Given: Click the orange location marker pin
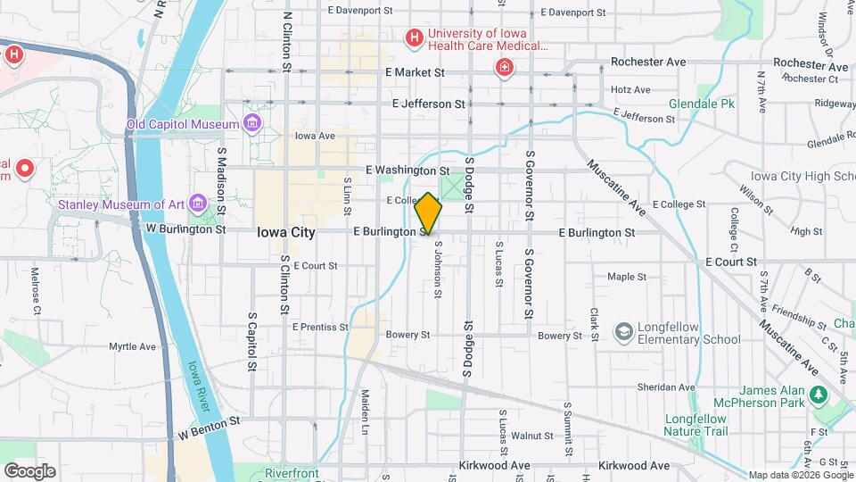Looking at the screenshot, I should click(429, 213).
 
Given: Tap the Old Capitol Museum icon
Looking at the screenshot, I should click(253, 123).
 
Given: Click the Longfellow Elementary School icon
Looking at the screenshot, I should click(624, 332).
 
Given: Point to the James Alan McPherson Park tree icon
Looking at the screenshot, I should click(818, 395).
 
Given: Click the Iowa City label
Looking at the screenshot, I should click(285, 231).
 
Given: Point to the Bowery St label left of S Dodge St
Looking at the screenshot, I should click(407, 336).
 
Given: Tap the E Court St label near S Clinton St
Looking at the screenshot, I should click(315, 265).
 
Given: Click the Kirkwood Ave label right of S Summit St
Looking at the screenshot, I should click(634, 465).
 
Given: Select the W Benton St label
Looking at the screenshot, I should click(210, 428).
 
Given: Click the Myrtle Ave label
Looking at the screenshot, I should click(132, 346).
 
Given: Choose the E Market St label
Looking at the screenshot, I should click(414, 72).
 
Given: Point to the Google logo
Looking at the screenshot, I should click(29, 470).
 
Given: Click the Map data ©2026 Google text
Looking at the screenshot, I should click(800, 474).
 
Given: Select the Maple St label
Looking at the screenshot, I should click(626, 277).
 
